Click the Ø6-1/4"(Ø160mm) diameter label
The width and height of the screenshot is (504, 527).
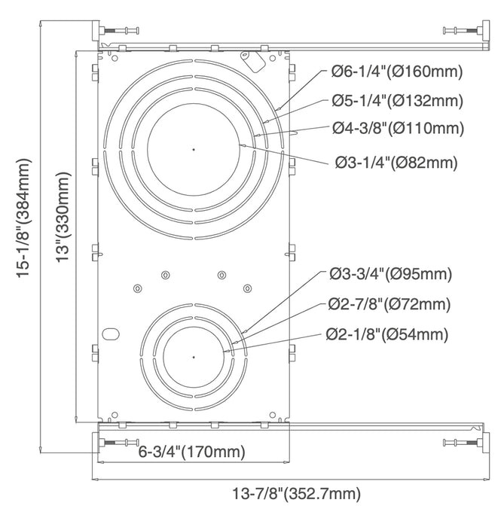pos(396,72)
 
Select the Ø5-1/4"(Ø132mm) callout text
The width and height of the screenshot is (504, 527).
pos(396,99)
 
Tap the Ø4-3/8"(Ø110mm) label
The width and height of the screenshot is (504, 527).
pos(396,127)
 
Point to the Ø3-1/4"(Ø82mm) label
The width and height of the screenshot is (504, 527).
pos(396,161)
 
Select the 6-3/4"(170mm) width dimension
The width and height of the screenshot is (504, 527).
pos(193,452)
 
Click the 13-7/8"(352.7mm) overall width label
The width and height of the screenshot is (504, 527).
pos(296,494)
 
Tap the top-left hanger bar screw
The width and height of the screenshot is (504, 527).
pos(122,31)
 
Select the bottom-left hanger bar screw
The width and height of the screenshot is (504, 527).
pos(120,442)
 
